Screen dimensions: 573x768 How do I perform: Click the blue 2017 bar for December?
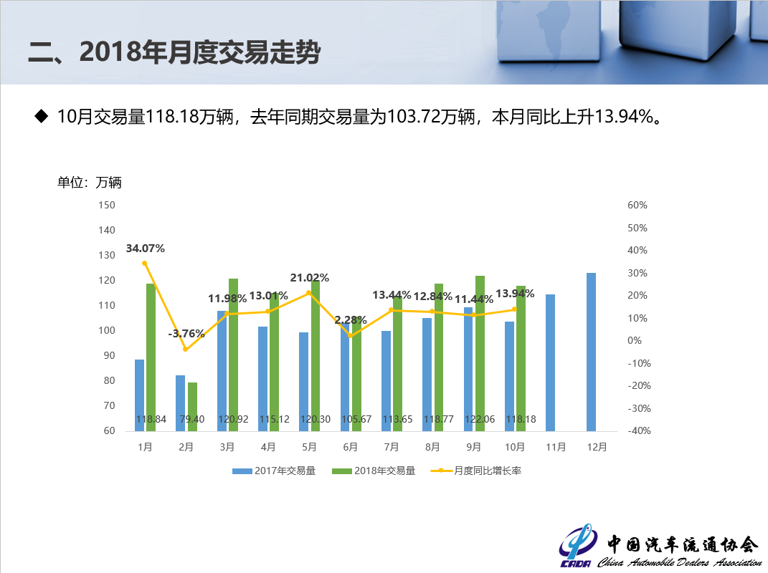coord(591,352)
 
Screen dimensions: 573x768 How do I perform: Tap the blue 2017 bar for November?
coord(550,362)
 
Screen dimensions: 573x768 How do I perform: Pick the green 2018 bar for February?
coord(192,406)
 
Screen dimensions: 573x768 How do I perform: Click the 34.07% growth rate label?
coord(146,249)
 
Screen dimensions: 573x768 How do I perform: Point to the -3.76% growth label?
coord(186,334)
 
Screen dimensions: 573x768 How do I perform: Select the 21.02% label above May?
coord(310,278)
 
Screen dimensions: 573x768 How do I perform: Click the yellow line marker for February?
coord(185,349)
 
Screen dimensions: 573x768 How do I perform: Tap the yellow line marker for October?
coord(514,309)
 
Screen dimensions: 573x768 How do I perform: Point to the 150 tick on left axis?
coord(106,206)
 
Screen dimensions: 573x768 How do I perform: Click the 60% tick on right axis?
coord(637,206)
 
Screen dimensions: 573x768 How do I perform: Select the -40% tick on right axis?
coord(637,431)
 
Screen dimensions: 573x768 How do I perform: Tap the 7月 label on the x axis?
coord(391,447)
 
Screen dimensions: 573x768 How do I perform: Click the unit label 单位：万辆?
coord(90,183)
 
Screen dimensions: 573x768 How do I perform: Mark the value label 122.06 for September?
coord(480,419)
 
